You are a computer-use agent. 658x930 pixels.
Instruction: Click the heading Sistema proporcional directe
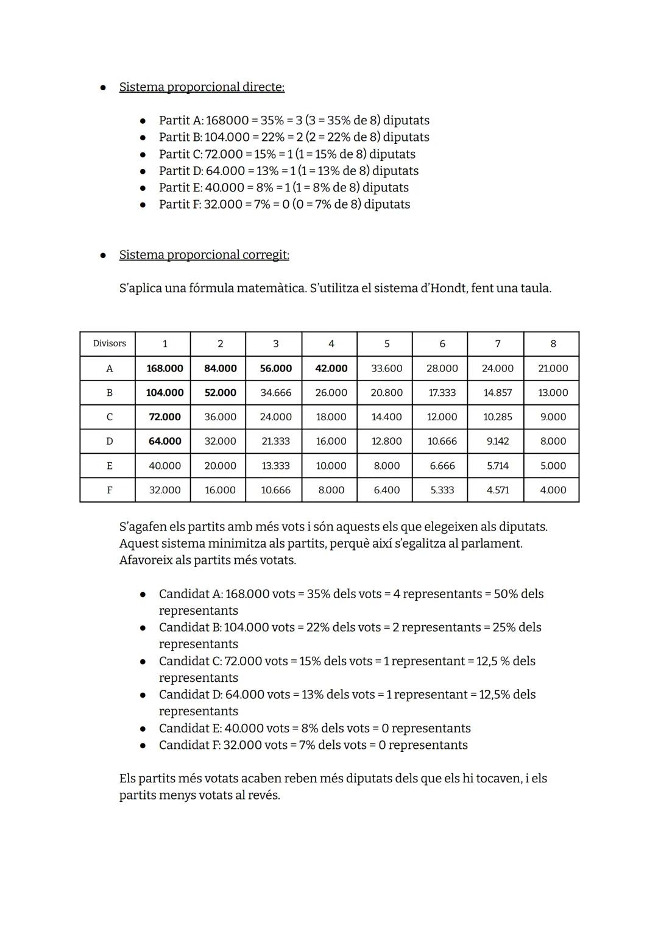pos(202,87)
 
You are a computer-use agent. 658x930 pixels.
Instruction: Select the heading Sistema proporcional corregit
pos(204,255)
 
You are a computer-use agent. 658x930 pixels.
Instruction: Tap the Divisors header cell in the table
pos(109,344)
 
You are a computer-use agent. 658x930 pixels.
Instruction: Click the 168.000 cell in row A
pos(164,368)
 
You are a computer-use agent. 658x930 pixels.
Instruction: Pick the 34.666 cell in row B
pos(275,393)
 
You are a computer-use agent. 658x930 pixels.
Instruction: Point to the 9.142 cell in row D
pos(497,441)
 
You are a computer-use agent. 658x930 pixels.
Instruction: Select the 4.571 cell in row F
pos(497,490)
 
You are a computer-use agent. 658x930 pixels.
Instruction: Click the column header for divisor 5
pos(386,344)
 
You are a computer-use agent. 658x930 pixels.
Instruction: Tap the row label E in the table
pos(109,465)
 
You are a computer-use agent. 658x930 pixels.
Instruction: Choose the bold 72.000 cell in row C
pos(164,417)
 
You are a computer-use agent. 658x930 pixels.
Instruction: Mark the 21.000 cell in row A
pos(553,368)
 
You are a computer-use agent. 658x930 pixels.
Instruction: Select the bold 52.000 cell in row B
pos(220,393)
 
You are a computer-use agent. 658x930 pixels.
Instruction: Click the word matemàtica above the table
pos(271,288)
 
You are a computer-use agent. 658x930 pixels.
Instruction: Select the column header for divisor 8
pos(553,344)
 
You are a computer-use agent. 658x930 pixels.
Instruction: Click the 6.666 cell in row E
pos(442,465)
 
